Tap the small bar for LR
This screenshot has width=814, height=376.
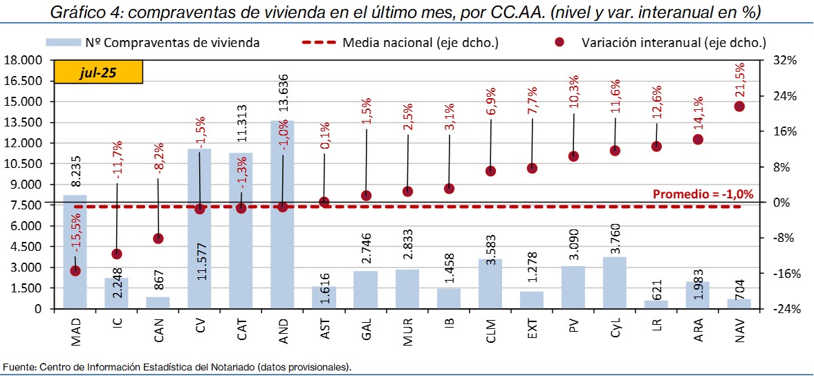[x=656, y=304]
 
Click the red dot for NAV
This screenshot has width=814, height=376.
[x=739, y=106]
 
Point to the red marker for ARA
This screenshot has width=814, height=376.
[x=698, y=140]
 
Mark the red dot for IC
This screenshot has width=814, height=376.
[x=117, y=254]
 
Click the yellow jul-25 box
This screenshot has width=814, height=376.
[x=98, y=73]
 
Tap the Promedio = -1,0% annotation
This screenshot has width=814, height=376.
[x=703, y=194]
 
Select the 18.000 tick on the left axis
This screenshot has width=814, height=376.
[x=22, y=60]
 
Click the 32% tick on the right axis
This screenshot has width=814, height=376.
[x=784, y=60]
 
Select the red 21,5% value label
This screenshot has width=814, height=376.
[x=740, y=81]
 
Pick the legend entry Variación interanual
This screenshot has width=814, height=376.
[x=674, y=43]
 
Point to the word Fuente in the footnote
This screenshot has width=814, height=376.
[x=18, y=366]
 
